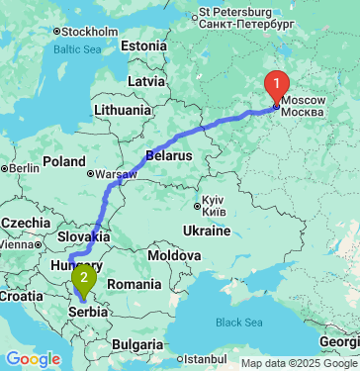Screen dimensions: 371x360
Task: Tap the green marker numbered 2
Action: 84,276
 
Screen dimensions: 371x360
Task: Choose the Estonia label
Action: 145,46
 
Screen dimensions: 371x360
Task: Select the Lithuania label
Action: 123,110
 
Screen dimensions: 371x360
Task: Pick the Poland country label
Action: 64,161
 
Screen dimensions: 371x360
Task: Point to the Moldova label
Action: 176,254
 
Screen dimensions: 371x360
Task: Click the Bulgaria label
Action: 136,344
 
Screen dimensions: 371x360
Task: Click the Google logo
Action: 33,358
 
